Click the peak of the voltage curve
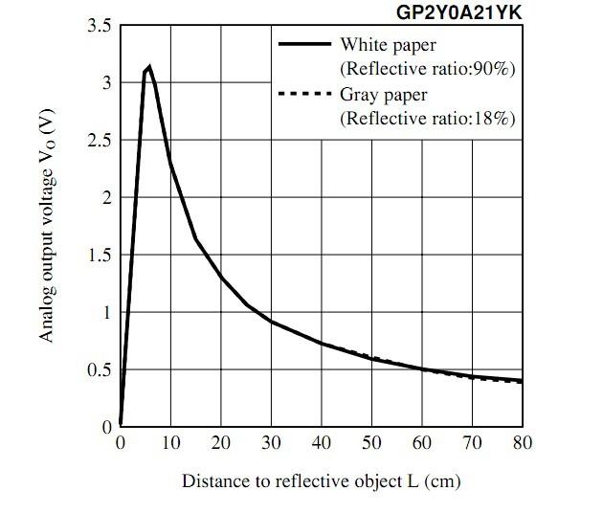point(149,67)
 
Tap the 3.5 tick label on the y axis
point(98,26)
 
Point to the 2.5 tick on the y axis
point(98,141)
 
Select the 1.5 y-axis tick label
point(98,256)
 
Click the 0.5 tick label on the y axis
point(98,370)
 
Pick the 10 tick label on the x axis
point(170,443)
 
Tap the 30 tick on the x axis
point(271,443)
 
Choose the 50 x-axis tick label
point(371,443)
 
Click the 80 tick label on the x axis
point(522,443)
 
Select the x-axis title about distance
point(321,481)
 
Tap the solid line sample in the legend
point(303,44)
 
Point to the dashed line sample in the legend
point(303,95)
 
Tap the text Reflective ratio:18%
point(427,119)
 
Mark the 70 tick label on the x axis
point(472,443)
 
